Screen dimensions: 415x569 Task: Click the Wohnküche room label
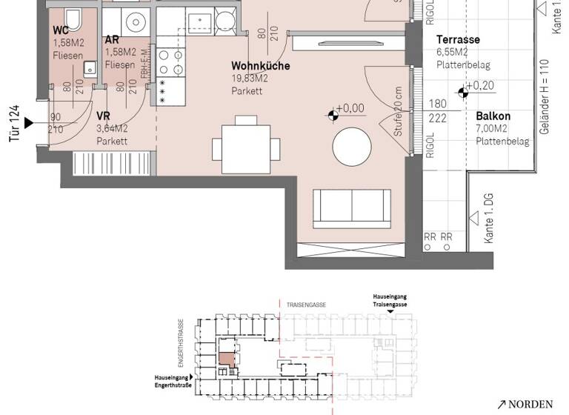point(260,66)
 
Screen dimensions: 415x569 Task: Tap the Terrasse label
point(458,39)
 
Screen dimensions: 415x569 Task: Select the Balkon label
point(493,116)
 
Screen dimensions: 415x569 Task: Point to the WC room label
point(61,30)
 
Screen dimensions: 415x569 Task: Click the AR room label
point(113,40)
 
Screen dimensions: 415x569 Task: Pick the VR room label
point(104,116)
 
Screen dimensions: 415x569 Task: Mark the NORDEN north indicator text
point(530,404)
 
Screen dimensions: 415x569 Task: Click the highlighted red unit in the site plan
point(226,359)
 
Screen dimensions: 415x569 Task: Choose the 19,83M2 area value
point(250,79)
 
